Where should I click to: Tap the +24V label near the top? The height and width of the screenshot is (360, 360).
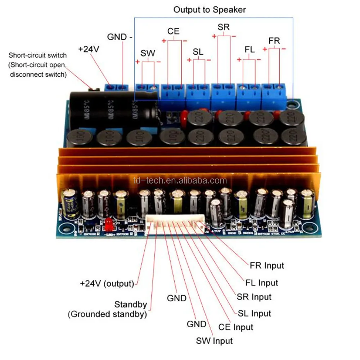pyautogui.click(x=89, y=49)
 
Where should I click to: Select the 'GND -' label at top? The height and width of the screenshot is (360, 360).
pyautogui.click(x=120, y=37)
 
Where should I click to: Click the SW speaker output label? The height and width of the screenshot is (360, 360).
pyautogui.click(x=148, y=53)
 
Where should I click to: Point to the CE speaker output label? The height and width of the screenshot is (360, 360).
pyautogui.click(x=173, y=32)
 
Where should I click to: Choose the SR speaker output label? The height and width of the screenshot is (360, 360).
pyautogui.click(x=224, y=27)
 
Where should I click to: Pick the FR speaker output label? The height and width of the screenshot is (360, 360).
pyautogui.click(x=274, y=41)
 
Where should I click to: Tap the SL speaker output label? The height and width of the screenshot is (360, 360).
pyautogui.click(x=198, y=51)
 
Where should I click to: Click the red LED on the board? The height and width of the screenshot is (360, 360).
pyautogui.click(x=108, y=225)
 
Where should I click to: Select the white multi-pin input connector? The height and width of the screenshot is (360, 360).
pyautogui.click(x=176, y=225)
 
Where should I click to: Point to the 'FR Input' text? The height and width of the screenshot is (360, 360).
pyautogui.click(x=267, y=266)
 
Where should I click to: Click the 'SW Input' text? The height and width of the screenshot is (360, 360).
pyautogui.click(x=214, y=340)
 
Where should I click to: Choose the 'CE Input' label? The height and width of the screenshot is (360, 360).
pyautogui.click(x=236, y=327)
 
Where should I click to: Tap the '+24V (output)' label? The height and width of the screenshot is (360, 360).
pyautogui.click(x=107, y=283)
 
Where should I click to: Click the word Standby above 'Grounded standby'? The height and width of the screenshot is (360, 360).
pyautogui.click(x=131, y=305)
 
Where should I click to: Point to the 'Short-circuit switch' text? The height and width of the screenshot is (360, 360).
pyautogui.click(x=38, y=55)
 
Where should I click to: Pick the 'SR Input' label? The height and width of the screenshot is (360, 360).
pyautogui.click(x=254, y=297)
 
